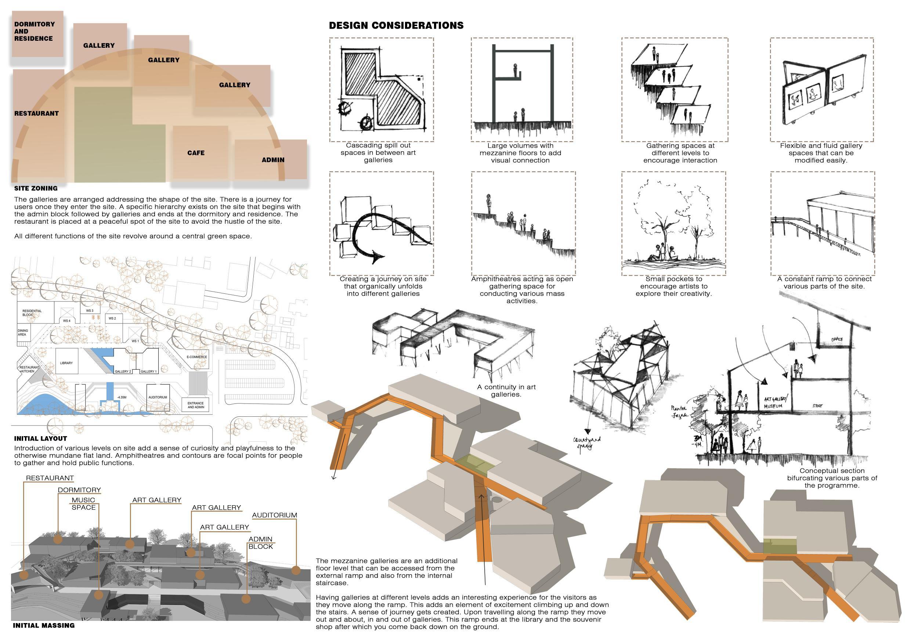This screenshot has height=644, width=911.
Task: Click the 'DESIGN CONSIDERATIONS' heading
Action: pos(396,26)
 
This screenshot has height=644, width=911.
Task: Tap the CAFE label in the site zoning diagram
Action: pos(196,153)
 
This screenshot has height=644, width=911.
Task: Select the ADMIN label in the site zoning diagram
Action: pos(273,160)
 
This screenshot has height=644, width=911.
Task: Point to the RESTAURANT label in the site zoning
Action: pos(36,113)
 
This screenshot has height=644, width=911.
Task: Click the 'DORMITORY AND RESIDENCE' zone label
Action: pos(34,31)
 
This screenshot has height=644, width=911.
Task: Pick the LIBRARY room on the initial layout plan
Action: pos(66,363)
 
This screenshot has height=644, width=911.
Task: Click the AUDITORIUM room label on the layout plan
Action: pos(158,397)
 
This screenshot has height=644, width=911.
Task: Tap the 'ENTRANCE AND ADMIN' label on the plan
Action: pos(196,405)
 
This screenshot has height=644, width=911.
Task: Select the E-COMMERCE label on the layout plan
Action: pos(197,357)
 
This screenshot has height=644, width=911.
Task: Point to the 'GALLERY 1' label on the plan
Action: pos(148,372)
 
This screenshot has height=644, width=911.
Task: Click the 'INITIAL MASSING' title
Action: pos(44,625)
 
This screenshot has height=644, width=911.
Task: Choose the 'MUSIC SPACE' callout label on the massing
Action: pos(83,503)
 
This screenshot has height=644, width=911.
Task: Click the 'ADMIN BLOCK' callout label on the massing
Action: pos(260,543)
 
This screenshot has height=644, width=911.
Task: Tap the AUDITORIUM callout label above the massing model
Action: pos(274,515)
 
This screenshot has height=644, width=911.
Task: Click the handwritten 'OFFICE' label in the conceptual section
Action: pos(837,339)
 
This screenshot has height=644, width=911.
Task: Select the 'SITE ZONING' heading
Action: pos(36,188)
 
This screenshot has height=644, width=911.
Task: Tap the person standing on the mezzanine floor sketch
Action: pos(516,70)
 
